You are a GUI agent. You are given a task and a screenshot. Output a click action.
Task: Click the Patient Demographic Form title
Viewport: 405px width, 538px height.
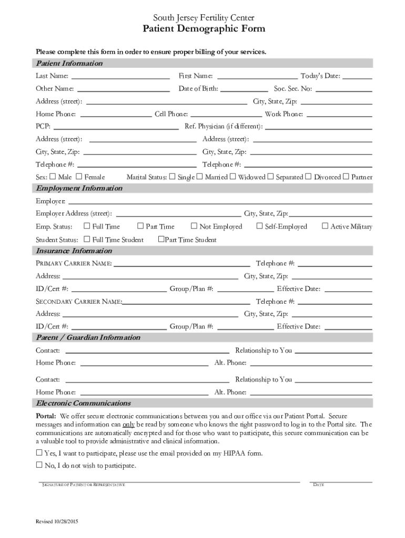(204, 29)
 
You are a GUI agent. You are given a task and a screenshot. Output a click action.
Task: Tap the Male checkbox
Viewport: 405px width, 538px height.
(53, 177)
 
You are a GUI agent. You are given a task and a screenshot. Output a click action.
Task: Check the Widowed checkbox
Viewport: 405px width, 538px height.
(232, 177)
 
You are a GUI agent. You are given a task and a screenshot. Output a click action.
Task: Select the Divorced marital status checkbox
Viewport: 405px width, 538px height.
(308, 177)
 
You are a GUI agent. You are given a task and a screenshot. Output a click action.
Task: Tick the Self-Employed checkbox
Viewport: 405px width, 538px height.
(259, 226)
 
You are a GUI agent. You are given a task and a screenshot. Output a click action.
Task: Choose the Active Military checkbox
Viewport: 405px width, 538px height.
(325, 226)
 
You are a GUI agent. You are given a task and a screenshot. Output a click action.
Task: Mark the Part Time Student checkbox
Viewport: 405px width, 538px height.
(161, 240)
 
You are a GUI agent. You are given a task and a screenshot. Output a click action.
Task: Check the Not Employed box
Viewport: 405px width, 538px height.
(194, 226)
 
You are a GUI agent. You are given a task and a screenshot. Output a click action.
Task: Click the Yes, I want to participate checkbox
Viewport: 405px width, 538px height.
(39, 452)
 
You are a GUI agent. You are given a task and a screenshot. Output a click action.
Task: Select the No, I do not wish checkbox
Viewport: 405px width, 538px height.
(39, 465)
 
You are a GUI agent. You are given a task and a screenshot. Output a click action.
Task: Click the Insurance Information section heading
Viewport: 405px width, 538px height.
(74, 251)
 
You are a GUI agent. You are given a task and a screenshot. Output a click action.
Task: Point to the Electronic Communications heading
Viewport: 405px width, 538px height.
(83, 403)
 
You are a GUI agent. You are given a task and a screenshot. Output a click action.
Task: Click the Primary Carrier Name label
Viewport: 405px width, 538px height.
(74, 263)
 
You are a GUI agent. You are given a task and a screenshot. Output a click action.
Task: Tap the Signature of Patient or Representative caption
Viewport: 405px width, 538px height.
(83, 484)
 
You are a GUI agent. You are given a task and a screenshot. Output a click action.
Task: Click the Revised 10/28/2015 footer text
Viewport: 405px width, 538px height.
(57, 522)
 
